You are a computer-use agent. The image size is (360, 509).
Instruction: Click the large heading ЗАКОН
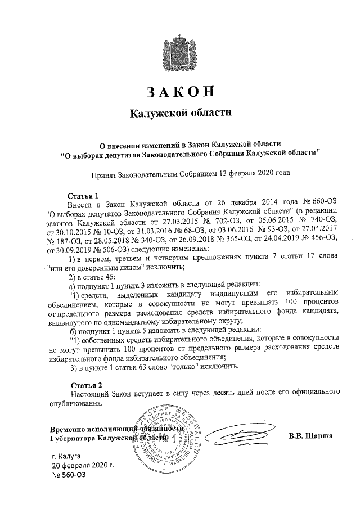click(181, 92)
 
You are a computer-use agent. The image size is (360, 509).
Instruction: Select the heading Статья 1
click(82, 195)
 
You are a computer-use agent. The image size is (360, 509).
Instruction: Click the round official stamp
click(165, 436)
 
